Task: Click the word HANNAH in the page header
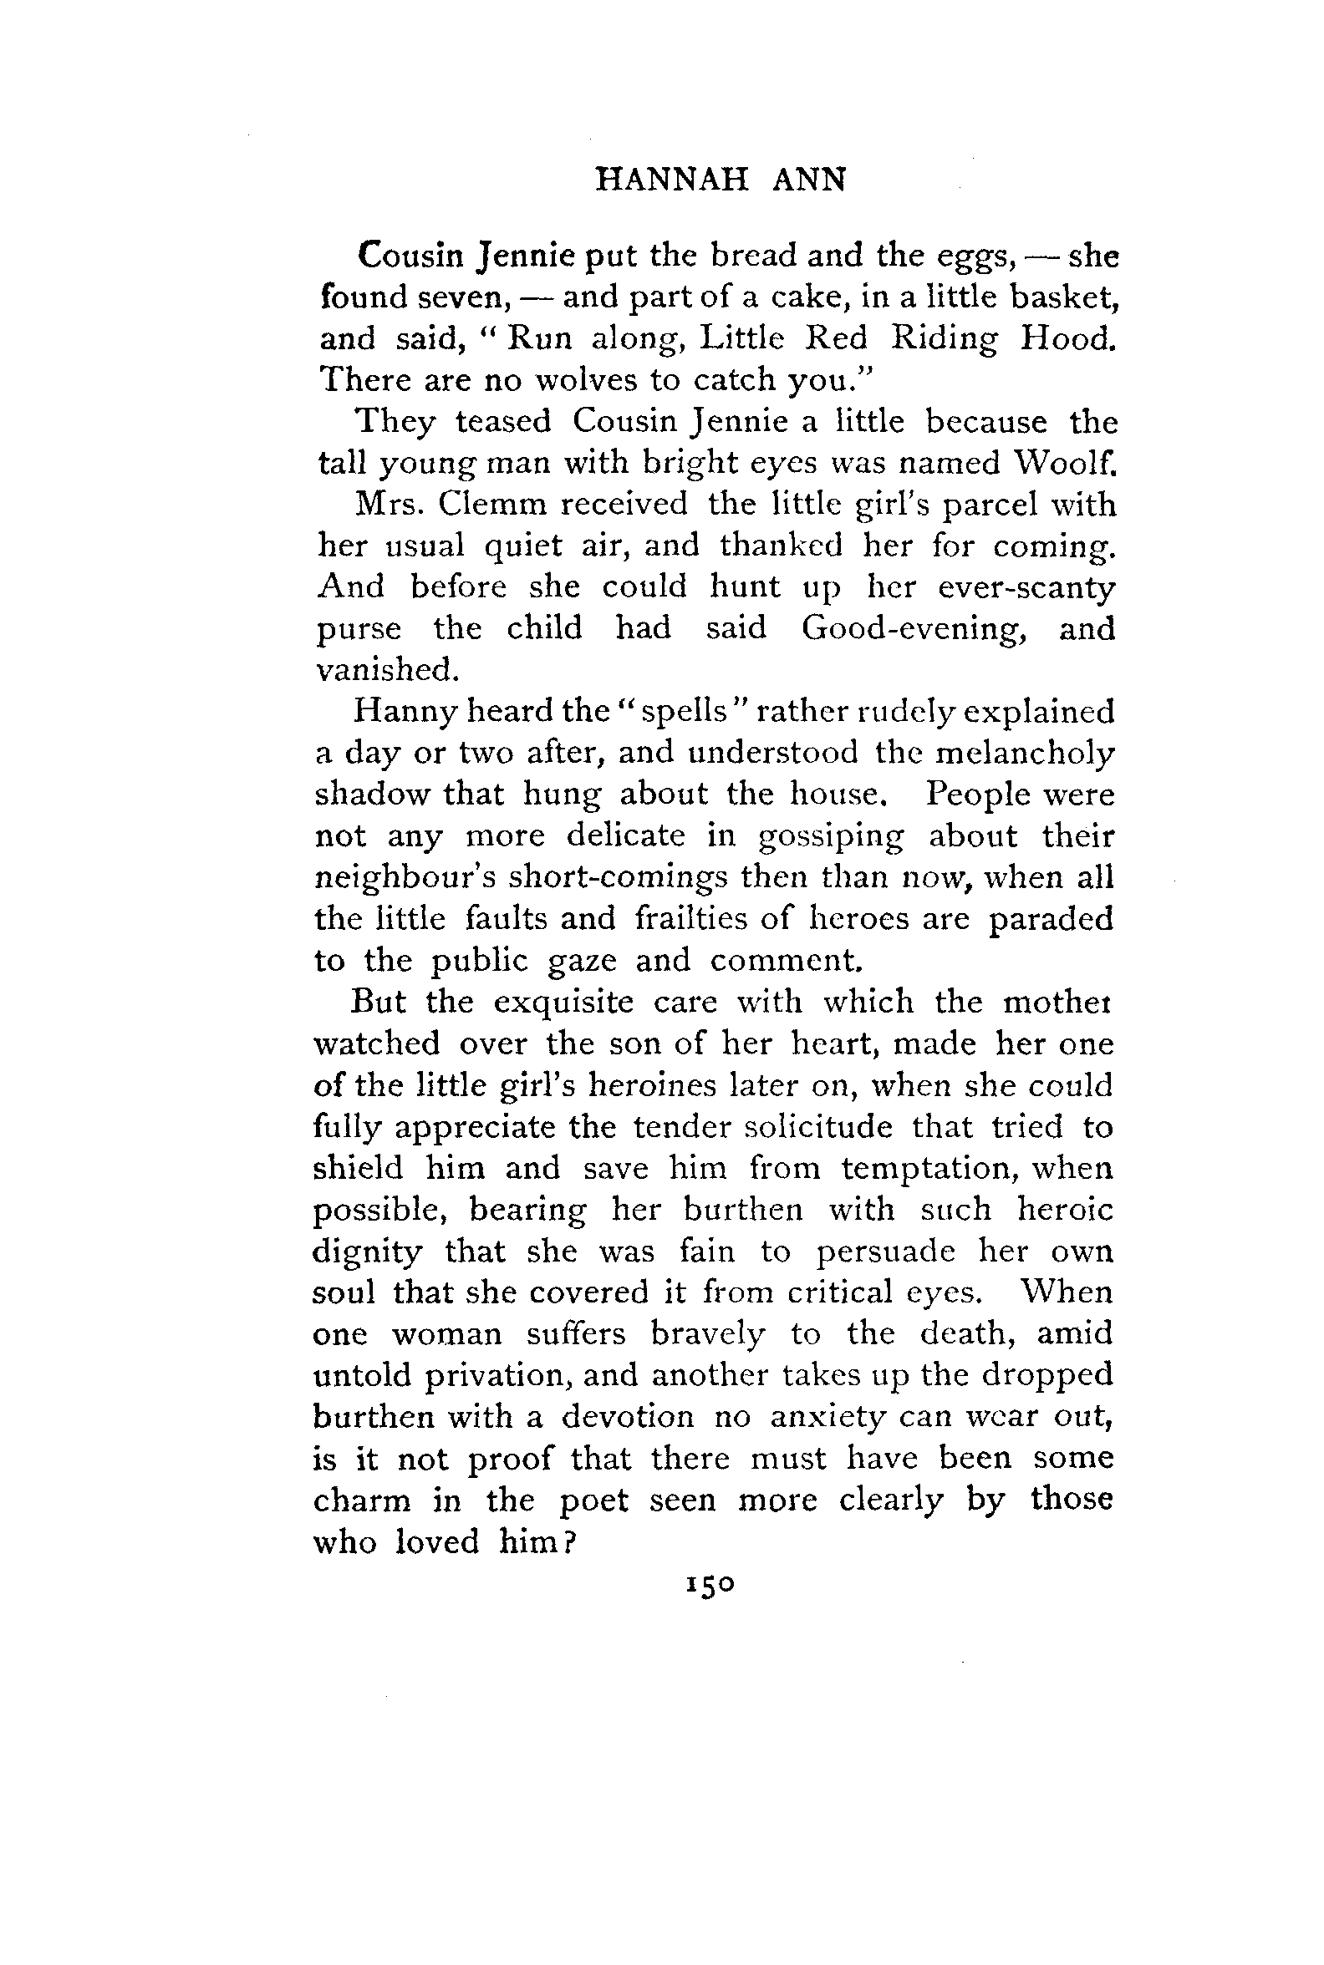tap(671, 180)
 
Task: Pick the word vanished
tap(388, 669)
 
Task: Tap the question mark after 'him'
tap(570, 1541)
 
